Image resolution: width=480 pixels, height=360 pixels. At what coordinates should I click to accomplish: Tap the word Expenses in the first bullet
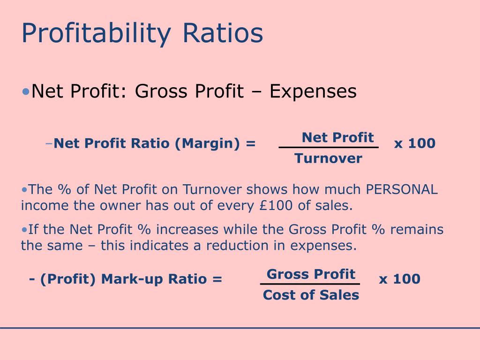point(313,91)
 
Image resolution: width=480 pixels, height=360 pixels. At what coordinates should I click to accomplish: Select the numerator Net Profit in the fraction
point(337,138)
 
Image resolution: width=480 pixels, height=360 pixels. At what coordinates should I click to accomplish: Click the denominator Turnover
point(329,158)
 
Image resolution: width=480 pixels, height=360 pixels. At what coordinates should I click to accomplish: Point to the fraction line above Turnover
point(329,148)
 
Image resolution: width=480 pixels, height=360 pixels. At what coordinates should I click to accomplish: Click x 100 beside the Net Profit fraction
point(414,143)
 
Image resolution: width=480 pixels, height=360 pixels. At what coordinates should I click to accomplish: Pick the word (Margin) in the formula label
point(204,143)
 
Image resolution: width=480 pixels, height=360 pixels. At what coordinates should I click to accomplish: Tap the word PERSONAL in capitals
point(402,189)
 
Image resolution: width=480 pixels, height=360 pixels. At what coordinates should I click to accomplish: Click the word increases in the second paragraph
point(187,230)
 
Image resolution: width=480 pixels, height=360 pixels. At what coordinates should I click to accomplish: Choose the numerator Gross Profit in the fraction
point(311,274)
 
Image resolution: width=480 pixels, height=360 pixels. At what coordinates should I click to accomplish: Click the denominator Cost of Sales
point(311,295)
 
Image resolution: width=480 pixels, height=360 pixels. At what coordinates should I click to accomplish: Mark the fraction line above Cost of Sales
point(310,284)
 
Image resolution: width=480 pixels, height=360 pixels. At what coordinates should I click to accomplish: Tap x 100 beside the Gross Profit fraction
point(399,279)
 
